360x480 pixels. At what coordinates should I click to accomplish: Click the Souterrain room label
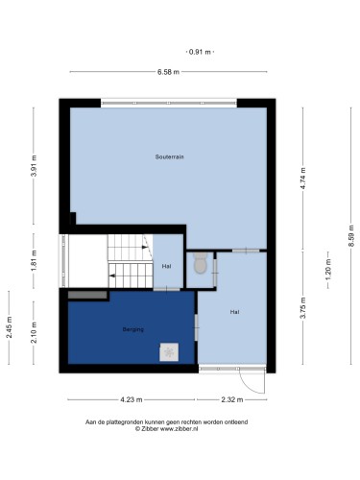[x=169, y=156]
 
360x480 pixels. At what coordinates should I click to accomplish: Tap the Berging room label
[x=133, y=329]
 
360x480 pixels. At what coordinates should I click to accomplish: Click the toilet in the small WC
[x=201, y=263]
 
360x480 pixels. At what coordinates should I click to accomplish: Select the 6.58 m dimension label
[x=168, y=72]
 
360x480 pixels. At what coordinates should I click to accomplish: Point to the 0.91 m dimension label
[x=200, y=52]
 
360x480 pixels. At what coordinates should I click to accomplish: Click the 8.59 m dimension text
[x=351, y=236]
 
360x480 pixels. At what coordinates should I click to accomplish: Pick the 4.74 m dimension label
[x=303, y=179]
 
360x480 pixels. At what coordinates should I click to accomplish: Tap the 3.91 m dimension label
[x=35, y=165]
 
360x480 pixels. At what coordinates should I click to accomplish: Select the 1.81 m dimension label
[x=35, y=260]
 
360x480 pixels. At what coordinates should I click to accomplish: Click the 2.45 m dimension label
[x=10, y=327]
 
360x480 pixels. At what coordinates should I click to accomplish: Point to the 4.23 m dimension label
[x=132, y=399]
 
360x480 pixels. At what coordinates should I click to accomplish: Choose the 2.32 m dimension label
[x=232, y=399]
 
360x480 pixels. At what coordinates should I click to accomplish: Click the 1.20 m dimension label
[x=328, y=270]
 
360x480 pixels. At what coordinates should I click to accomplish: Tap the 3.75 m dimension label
[x=303, y=308]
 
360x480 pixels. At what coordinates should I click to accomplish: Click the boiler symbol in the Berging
[x=169, y=352]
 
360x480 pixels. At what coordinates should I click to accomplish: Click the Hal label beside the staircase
[x=166, y=266]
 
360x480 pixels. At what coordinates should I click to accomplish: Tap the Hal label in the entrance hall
[x=235, y=312]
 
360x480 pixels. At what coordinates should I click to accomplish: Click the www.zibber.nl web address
[x=179, y=429]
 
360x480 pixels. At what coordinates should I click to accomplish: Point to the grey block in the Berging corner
[x=87, y=295]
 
